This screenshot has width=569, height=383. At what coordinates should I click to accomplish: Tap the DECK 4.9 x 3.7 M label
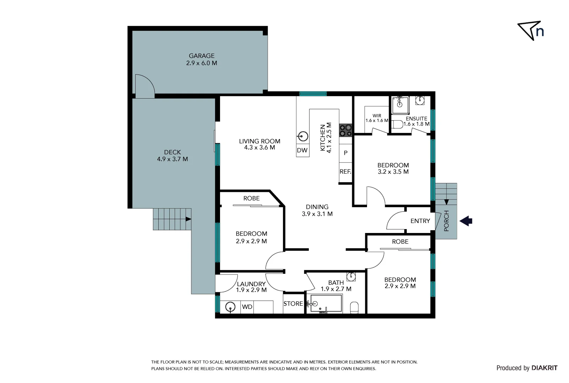(173, 156)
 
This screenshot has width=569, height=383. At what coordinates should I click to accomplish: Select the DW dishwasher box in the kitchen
(302, 150)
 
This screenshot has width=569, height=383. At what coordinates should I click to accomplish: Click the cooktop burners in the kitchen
(345, 130)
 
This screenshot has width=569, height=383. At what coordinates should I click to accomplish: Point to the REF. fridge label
(345, 172)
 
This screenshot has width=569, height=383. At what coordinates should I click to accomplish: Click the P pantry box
(345, 153)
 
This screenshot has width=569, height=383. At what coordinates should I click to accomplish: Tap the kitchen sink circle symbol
(303, 136)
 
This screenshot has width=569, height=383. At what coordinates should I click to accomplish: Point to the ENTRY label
(420, 221)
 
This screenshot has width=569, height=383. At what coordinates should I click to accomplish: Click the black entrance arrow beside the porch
(466, 221)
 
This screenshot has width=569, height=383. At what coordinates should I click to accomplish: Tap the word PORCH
(447, 221)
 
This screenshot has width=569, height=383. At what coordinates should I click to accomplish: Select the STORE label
(293, 304)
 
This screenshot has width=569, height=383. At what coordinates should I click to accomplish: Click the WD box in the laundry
(247, 307)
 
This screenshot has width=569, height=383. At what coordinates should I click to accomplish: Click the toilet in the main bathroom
(354, 307)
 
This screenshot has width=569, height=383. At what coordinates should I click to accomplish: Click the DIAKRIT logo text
(544, 368)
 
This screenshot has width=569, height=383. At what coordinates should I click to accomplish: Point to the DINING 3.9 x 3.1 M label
(317, 210)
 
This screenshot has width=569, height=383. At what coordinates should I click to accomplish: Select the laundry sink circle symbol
(231, 307)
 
